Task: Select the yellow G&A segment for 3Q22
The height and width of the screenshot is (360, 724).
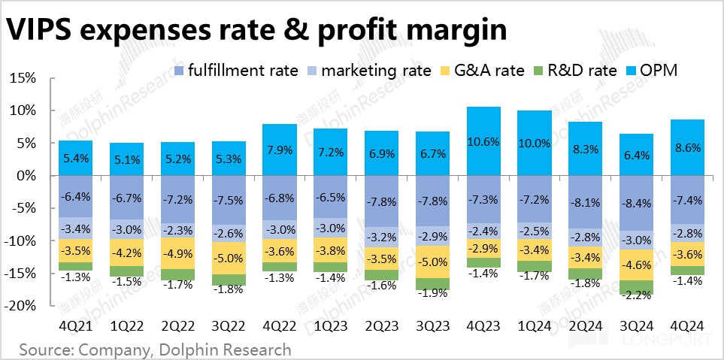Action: click(229, 258)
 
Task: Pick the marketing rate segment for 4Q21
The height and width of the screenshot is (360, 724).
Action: click(75, 228)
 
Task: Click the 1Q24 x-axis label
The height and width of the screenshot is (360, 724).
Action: click(535, 327)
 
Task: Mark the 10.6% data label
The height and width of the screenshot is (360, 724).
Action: click(483, 142)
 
